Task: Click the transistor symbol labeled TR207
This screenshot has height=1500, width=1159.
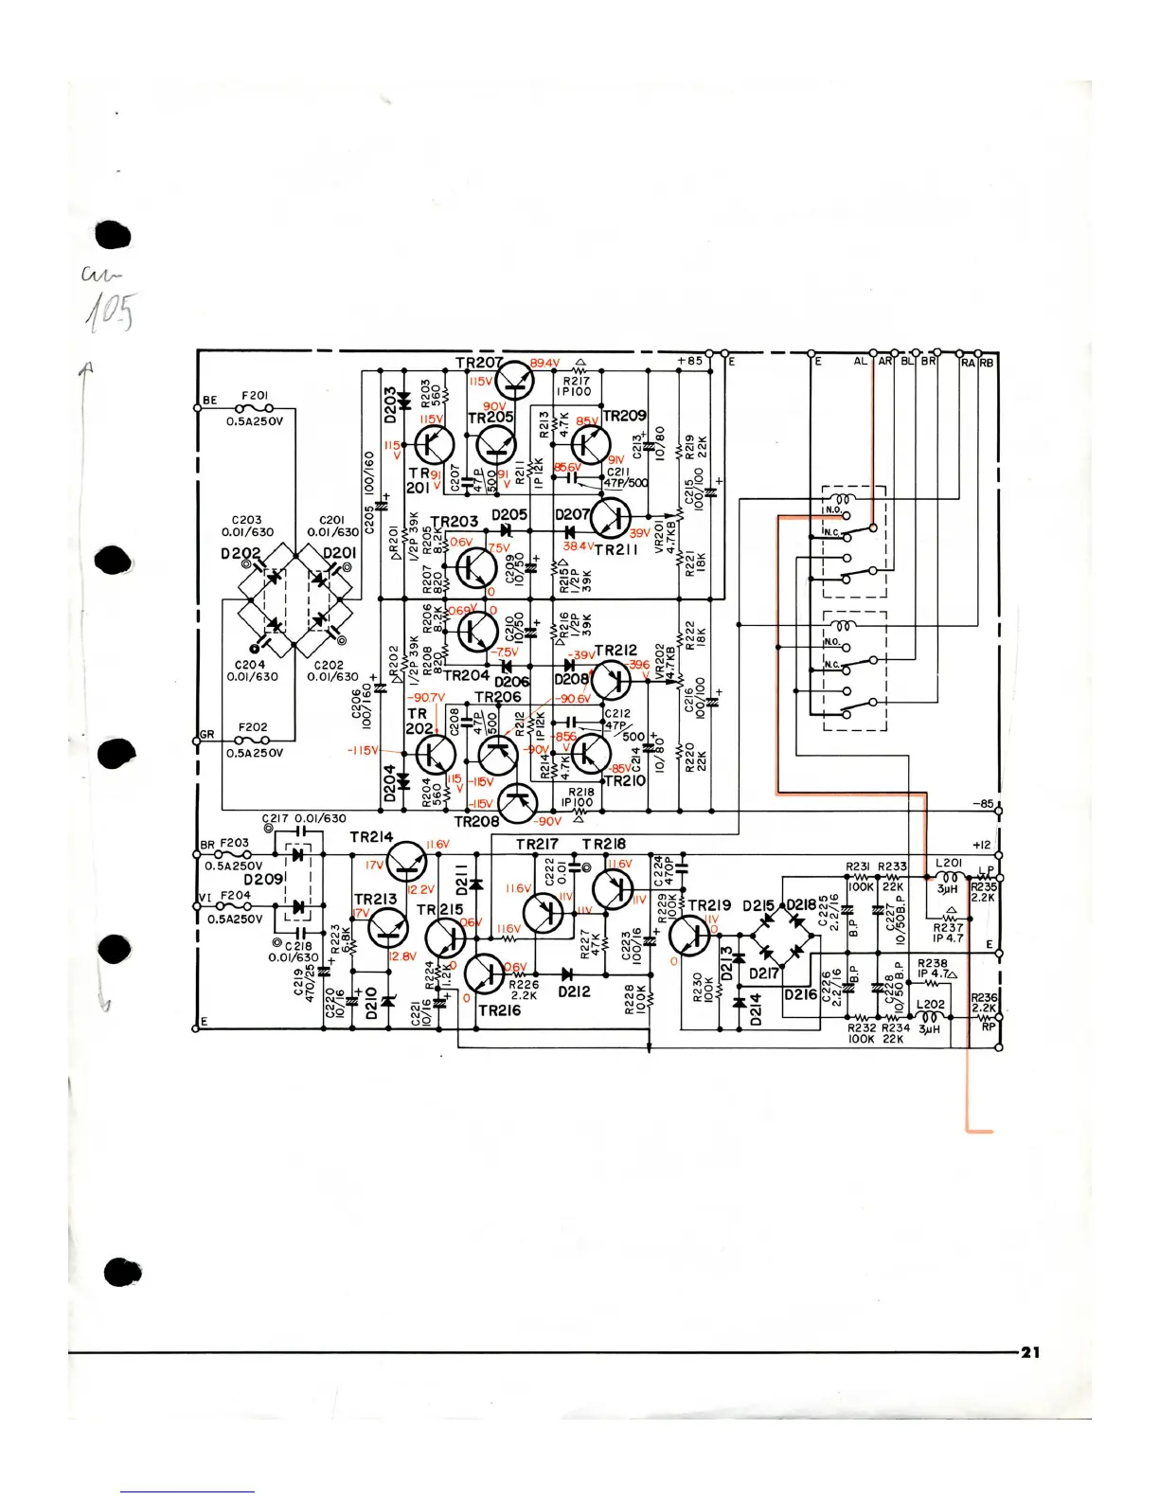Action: coord(515,381)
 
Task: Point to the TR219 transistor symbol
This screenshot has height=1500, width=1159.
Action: coord(690,935)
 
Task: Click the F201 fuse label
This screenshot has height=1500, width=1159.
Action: coord(254,396)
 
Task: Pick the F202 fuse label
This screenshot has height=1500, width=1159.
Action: coord(253,727)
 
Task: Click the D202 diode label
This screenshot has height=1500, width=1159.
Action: coord(240,553)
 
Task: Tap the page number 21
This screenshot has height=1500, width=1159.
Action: coord(1030,1351)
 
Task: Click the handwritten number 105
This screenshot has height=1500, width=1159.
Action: coord(112,312)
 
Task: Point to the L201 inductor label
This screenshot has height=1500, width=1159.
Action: coord(948,863)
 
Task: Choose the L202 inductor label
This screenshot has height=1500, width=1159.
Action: coord(930,1004)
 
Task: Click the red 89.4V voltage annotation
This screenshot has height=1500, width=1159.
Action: coord(544,364)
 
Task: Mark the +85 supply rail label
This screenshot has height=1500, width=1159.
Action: coord(689,361)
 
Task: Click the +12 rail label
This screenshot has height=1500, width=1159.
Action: coord(982,845)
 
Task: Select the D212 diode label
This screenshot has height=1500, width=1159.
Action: coord(574,992)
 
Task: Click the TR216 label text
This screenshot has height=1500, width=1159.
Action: coord(500,1010)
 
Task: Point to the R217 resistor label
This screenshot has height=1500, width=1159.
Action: coord(576,381)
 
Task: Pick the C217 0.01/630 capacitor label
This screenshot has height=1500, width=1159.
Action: coord(304,818)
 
